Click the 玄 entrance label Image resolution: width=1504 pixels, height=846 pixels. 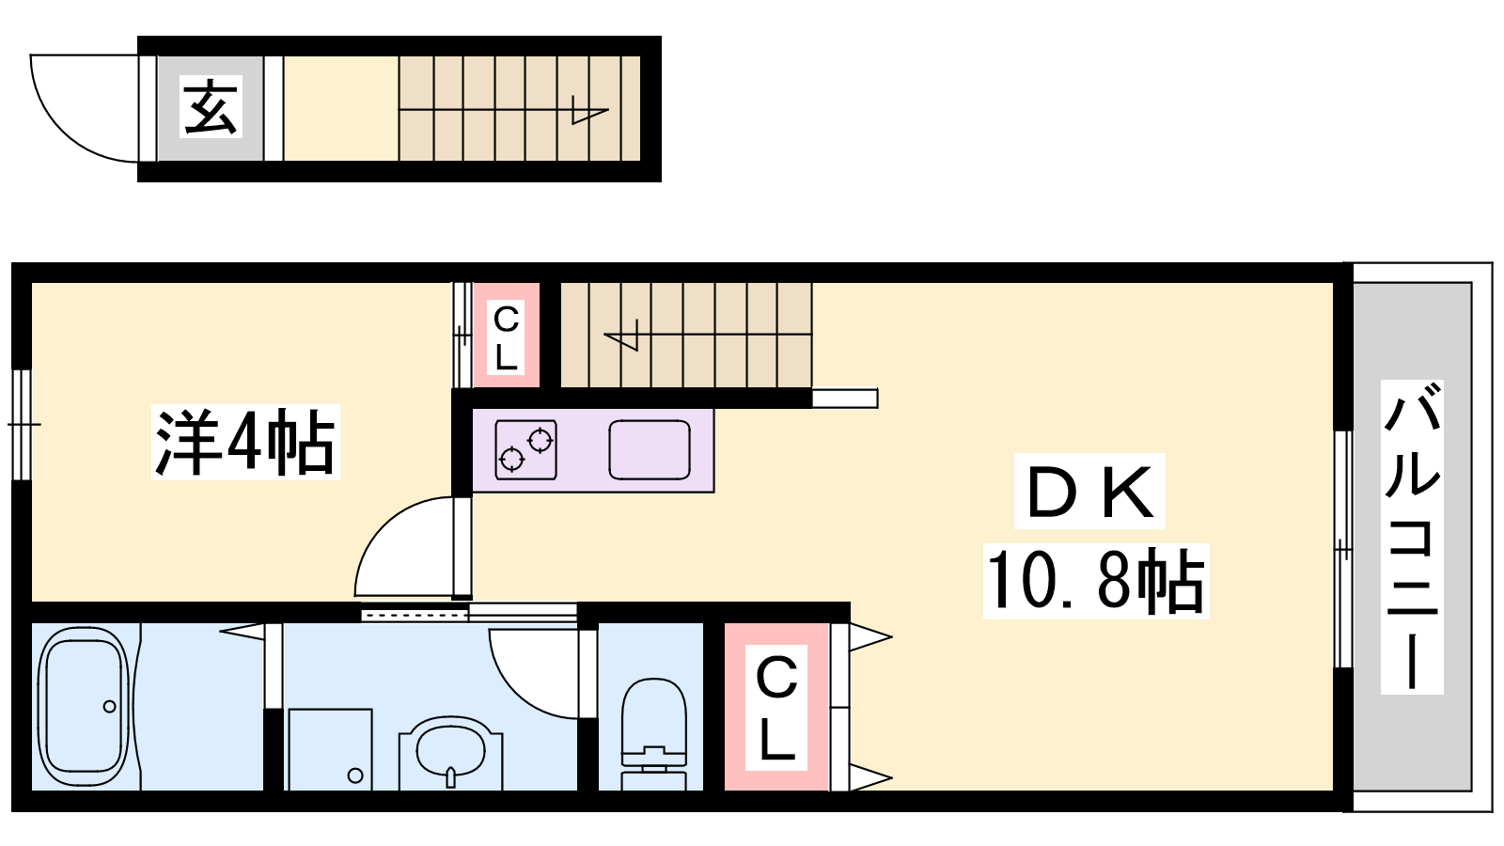coord(211,107)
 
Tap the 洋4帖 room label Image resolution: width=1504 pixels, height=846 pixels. coord(245,443)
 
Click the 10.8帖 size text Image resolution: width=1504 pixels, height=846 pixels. coord(1096,581)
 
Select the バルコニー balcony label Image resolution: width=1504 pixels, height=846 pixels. coord(1411,537)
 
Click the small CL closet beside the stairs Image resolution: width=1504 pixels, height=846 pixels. coord(507,336)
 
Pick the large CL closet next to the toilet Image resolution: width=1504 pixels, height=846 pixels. coord(776,707)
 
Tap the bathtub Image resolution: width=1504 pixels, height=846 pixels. coord(84,706)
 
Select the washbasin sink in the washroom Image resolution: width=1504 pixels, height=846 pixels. coord(450,751)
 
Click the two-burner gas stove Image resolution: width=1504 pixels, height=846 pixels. coord(525,450)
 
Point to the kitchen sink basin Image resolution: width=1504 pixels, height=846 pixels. coord(650,450)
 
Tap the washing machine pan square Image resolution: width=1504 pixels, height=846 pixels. coord(330,749)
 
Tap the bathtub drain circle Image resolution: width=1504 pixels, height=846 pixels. coord(109,706)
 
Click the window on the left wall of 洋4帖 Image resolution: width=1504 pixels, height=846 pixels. coord(22,424)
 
